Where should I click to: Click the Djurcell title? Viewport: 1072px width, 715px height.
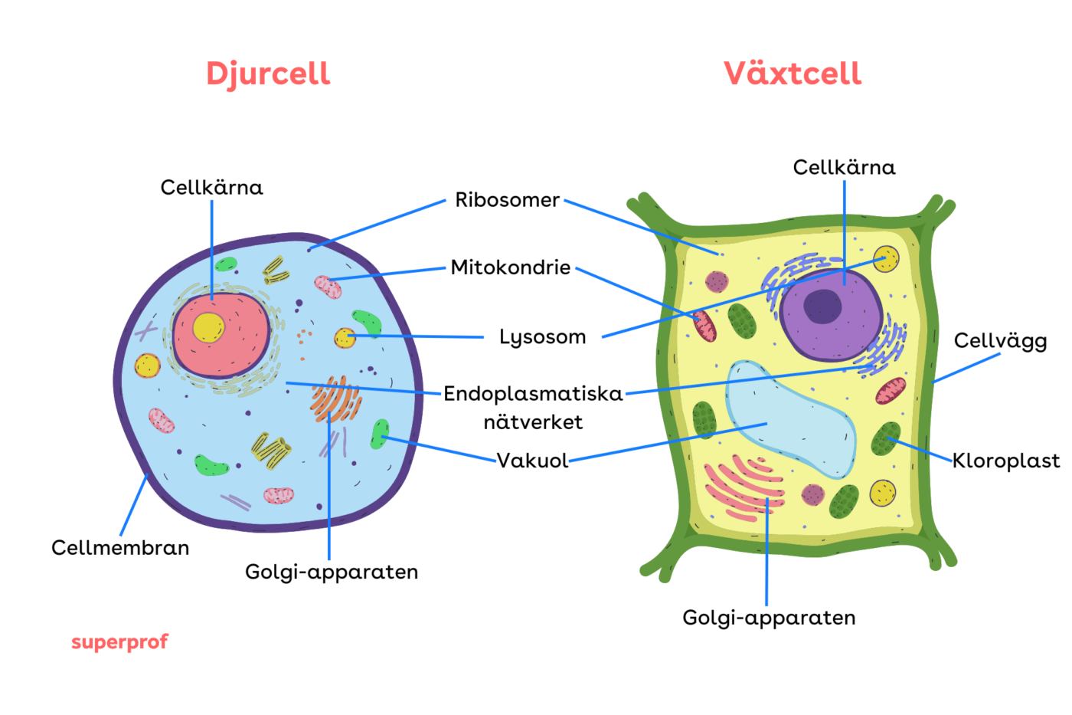point(268,74)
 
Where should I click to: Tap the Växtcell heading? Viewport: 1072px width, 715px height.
point(793,74)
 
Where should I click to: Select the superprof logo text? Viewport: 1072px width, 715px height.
point(119,642)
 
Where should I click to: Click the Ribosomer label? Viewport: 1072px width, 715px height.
point(507,200)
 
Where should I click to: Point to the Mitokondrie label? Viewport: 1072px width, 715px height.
point(510,267)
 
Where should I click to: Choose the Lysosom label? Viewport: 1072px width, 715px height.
point(542,337)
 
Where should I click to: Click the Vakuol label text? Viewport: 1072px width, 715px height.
point(532,461)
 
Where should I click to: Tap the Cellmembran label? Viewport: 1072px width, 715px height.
point(120,548)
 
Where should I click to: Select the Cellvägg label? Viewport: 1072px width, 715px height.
point(1000,341)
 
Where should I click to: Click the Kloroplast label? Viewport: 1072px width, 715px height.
point(1006,461)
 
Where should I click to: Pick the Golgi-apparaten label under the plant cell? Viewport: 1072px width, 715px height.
point(769,618)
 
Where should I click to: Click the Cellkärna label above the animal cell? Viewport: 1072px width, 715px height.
point(211,188)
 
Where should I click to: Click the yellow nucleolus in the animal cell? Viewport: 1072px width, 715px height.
point(208,327)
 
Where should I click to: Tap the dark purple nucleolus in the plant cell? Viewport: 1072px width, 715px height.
point(822,307)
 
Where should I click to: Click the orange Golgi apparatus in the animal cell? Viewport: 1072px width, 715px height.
point(335,400)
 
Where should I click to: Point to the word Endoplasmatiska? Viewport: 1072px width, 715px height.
point(533,394)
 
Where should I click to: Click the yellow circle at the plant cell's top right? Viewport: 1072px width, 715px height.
point(886,259)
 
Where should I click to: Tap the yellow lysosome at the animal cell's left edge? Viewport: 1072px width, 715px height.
point(147,366)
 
